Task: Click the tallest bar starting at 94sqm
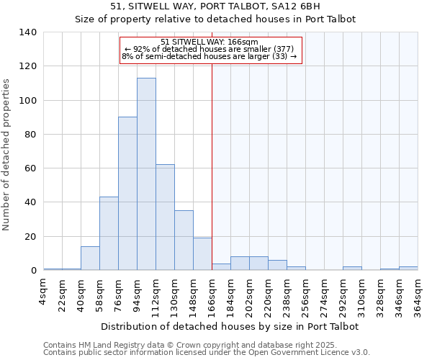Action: [x=146, y=174]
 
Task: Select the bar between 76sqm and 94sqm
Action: [x=127, y=194]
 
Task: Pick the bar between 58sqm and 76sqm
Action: [x=109, y=233]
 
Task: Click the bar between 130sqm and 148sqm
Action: [x=184, y=240]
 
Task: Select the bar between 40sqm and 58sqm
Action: [x=90, y=258]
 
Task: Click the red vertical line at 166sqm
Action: [x=212, y=166]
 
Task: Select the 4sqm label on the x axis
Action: [x=44, y=292]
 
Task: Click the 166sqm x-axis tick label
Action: [x=212, y=295]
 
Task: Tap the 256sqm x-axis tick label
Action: [x=306, y=295]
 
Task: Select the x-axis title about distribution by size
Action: [x=230, y=326]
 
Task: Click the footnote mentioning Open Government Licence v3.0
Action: [x=207, y=353]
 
